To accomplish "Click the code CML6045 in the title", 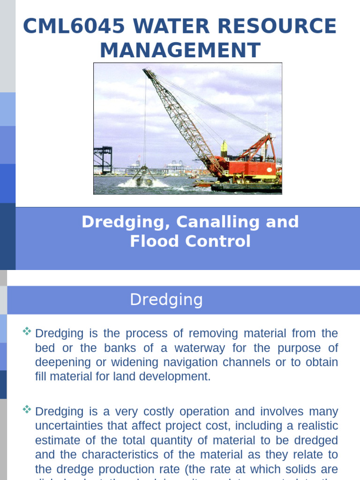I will point(73,26).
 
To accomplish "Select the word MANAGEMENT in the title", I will point(180,51).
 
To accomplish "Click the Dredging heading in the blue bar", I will point(166,300).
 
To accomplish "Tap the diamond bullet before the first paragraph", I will point(27,332).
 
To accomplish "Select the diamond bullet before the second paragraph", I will point(27,410).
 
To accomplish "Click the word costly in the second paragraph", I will point(156,412).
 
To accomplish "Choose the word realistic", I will point(315,426).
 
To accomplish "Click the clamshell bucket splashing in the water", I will point(143,177).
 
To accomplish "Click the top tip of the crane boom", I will point(146,72).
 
